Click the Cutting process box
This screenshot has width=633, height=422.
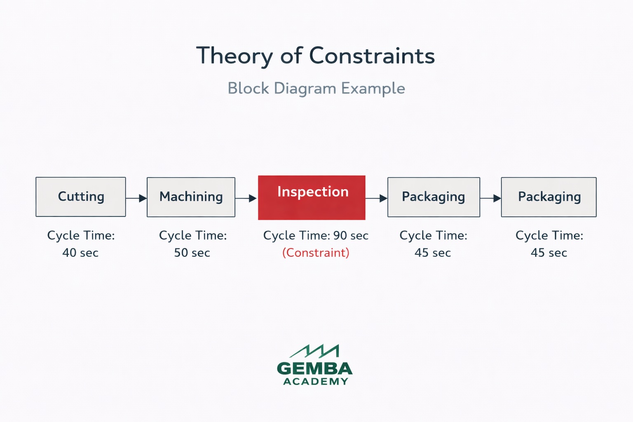(x=81, y=197)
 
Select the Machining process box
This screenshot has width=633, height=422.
(x=191, y=197)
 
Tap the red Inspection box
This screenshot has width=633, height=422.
(x=312, y=197)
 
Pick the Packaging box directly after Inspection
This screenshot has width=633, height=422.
(x=434, y=197)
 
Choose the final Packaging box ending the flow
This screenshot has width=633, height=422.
(x=549, y=197)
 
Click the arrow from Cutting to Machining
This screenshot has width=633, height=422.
(x=136, y=198)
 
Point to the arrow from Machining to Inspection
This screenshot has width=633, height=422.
(x=246, y=198)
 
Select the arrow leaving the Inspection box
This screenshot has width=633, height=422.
(x=376, y=198)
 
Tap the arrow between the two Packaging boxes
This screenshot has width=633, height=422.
(x=490, y=198)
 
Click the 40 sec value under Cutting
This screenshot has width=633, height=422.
(x=80, y=253)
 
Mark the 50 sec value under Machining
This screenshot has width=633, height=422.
(x=192, y=253)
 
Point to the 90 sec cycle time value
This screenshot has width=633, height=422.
(x=351, y=235)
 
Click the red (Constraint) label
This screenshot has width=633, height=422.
(x=316, y=253)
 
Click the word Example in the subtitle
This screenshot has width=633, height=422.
(x=373, y=88)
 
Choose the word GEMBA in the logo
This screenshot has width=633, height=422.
(x=315, y=368)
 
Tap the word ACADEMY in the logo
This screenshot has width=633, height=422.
(x=316, y=382)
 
